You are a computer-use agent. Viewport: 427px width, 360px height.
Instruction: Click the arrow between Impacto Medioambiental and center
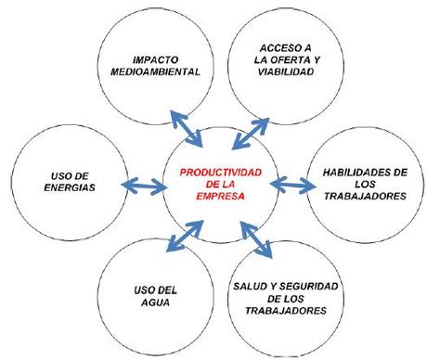pos(185,126)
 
